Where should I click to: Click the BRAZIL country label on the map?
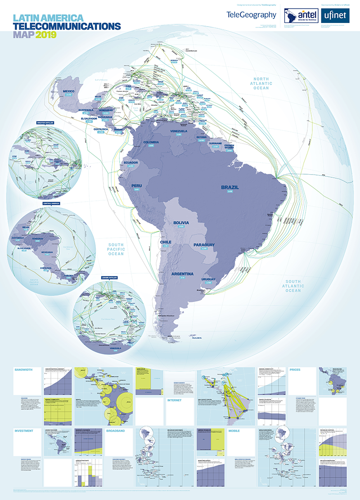tap(229, 187)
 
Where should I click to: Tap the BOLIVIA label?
tap(181, 223)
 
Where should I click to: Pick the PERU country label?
tap(136, 185)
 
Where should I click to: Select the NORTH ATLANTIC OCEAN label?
tap(261, 83)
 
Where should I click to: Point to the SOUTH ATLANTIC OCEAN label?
tap(292, 285)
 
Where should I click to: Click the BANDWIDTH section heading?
tap(24, 369)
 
